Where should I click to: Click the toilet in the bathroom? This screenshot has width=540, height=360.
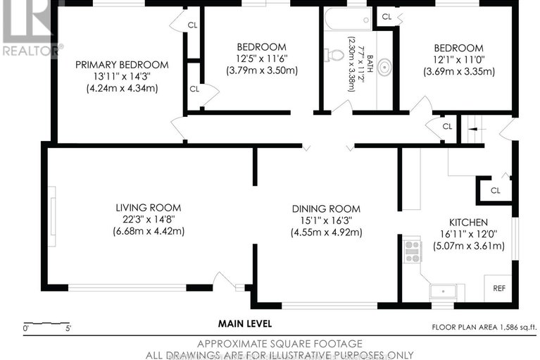click(334, 54)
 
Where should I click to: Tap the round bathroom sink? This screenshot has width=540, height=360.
click(384, 67)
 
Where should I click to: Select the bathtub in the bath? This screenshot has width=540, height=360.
click(349, 19)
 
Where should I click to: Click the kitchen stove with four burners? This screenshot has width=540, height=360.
click(413, 252)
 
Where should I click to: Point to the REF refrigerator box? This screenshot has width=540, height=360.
click(498, 288)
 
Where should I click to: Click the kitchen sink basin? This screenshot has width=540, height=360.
click(443, 292)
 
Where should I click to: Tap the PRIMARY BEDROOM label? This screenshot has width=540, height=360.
click(122, 65)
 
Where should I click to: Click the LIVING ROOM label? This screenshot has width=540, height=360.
click(149, 208)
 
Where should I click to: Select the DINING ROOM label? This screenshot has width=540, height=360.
click(326, 209)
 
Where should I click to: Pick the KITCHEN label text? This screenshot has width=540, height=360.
click(468, 222)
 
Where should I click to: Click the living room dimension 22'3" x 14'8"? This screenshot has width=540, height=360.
click(149, 219)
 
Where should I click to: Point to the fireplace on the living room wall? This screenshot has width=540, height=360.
click(52, 216)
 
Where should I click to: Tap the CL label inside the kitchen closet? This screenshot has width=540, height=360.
click(495, 190)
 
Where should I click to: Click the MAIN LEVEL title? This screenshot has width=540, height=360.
click(245, 324)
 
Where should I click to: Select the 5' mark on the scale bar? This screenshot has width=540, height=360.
click(68, 328)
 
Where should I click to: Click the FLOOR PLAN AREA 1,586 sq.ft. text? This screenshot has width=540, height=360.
click(484, 328)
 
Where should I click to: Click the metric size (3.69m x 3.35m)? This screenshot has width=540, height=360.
click(459, 72)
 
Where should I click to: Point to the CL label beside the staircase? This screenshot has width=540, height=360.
click(447, 126)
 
